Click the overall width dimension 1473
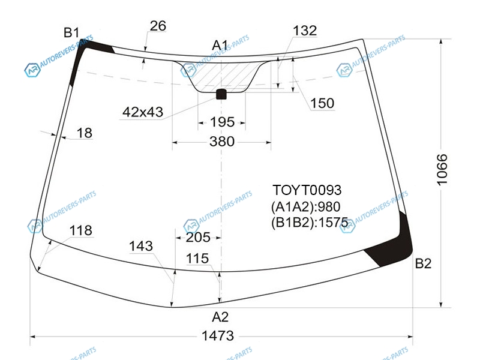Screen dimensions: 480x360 218,336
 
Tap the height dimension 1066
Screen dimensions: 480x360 442,170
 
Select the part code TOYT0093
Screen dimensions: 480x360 307,190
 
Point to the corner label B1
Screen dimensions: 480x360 71,32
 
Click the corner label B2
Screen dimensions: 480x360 423,263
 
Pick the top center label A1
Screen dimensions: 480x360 220,46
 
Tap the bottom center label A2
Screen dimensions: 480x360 220,317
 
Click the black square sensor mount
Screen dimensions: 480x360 221,94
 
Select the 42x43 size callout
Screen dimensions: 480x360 143,112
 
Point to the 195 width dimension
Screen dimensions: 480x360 222,122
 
